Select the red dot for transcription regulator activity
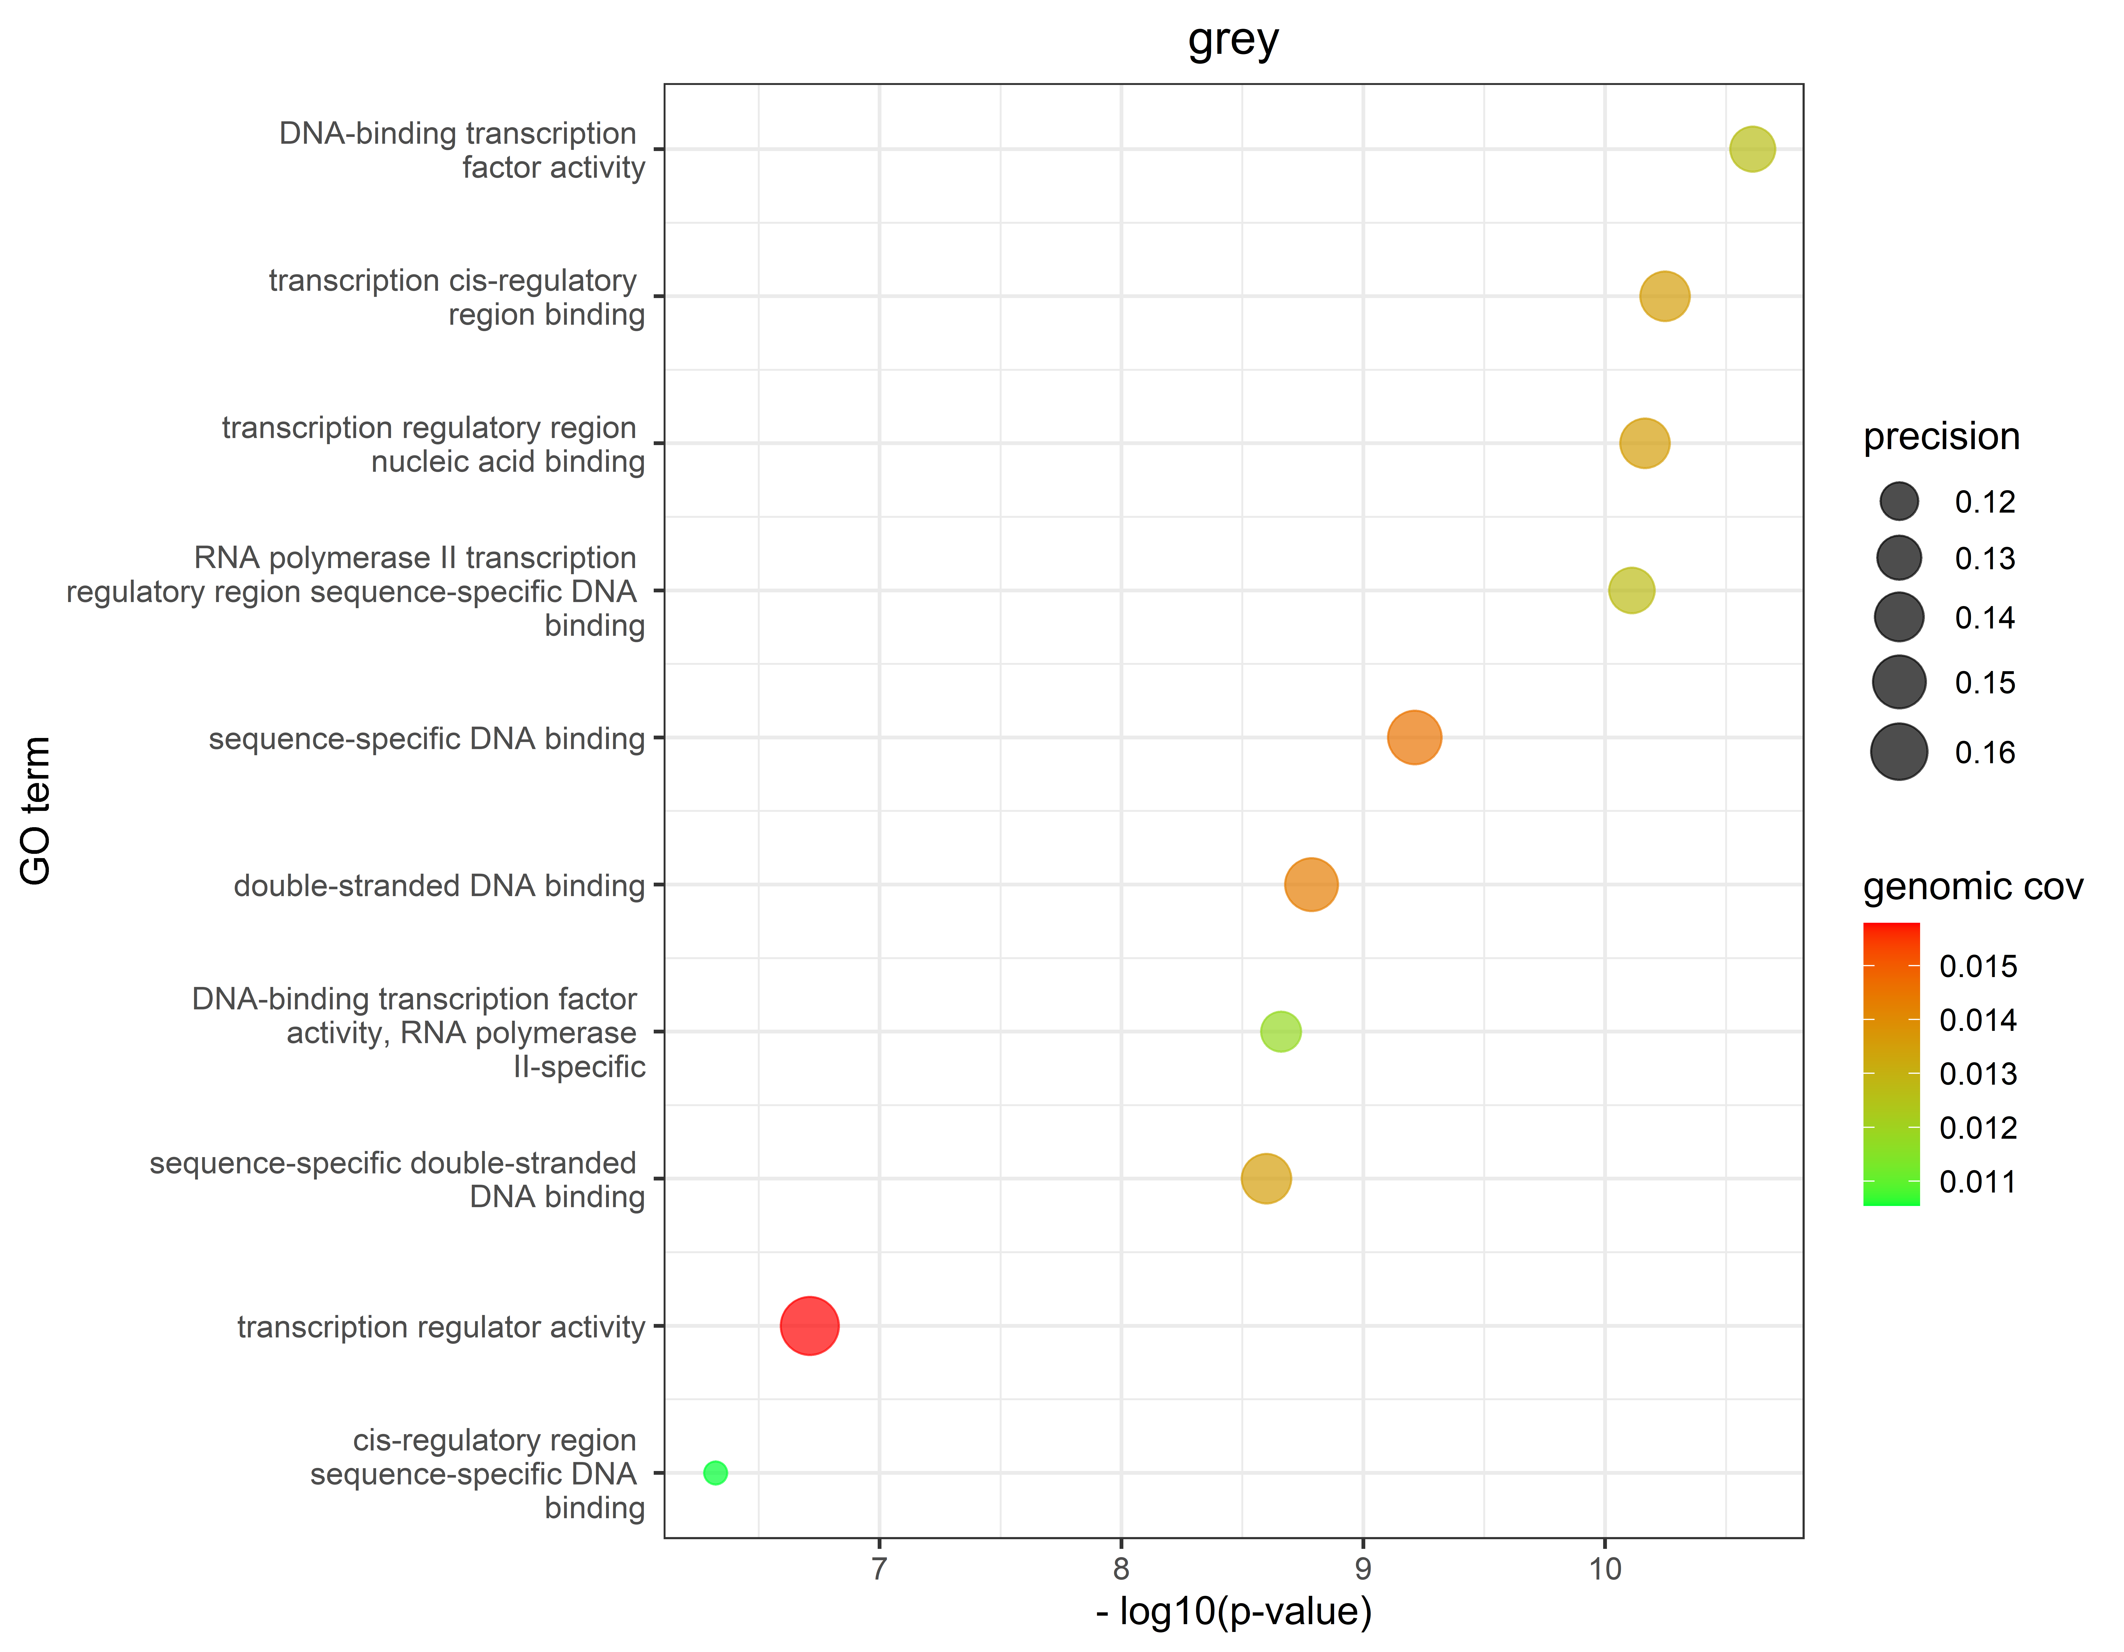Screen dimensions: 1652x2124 (809, 1325)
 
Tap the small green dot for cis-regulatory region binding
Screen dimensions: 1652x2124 (715, 1473)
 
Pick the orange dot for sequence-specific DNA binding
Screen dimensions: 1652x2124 (1414, 737)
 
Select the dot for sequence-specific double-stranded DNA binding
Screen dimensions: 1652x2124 (1265, 1179)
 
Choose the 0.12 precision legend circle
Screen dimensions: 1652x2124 (1898, 502)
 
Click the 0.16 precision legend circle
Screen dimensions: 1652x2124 (1898, 752)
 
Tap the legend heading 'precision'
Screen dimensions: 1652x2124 (1941, 437)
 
